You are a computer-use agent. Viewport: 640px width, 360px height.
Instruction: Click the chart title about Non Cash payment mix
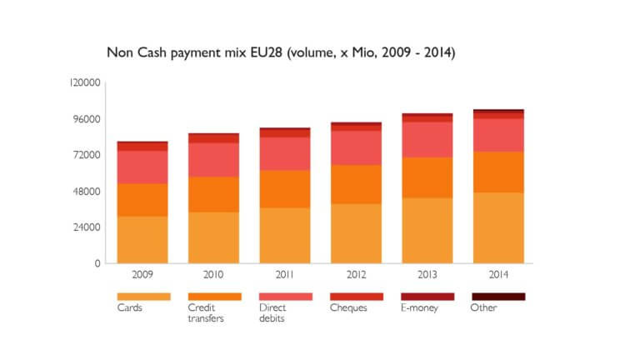(x=280, y=52)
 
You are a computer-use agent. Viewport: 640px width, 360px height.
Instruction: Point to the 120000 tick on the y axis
(x=85, y=83)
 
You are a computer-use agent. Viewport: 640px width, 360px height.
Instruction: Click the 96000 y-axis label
(x=87, y=119)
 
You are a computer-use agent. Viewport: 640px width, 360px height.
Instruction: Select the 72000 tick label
(x=87, y=155)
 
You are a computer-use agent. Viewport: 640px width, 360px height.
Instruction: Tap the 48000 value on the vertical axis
(x=87, y=191)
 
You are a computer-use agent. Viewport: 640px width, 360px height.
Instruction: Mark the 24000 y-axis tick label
(x=87, y=227)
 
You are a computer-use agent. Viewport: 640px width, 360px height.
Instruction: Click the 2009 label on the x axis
(x=142, y=272)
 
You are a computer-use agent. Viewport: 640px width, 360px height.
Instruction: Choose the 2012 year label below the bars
(x=356, y=272)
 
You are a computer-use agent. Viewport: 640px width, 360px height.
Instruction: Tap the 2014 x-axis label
(x=498, y=272)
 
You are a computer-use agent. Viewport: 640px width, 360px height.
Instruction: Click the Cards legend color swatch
(x=143, y=296)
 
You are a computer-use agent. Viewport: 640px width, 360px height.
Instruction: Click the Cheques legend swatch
(x=356, y=296)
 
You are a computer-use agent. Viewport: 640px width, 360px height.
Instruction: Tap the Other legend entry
(x=483, y=307)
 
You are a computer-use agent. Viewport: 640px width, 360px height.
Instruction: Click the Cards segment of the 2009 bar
(x=142, y=240)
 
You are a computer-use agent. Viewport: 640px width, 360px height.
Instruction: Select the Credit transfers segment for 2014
(x=498, y=172)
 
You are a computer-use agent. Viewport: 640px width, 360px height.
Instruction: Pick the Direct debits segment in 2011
(x=285, y=154)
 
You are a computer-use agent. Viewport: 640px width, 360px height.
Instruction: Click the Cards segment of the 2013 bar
(x=427, y=230)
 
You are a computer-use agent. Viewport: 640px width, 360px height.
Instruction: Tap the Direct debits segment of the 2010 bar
(x=213, y=160)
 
